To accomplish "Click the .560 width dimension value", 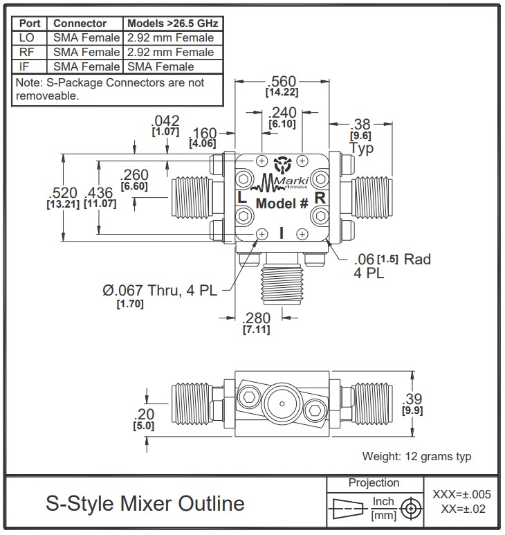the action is tap(282, 82).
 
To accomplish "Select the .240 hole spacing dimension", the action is tap(282, 113).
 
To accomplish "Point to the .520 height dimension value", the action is tap(63, 193).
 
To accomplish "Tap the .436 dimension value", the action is tap(100, 193).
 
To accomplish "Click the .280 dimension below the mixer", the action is tap(256, 318).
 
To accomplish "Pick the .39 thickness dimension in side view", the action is tap(412, 399).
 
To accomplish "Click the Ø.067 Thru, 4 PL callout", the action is tap(160, 291).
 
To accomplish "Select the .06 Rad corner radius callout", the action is tap(392, 266).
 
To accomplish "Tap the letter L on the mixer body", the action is tap(241, 197).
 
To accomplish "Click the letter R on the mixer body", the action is tap(320, 197).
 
